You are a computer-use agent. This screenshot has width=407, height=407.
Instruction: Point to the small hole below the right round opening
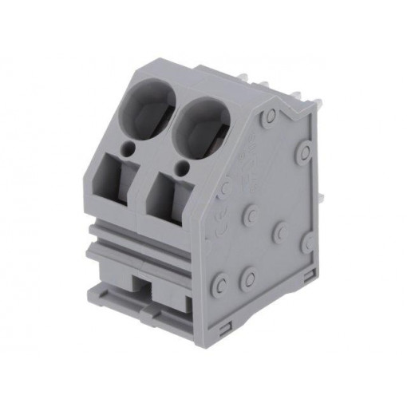184,167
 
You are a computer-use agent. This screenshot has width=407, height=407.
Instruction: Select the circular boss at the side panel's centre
251,214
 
